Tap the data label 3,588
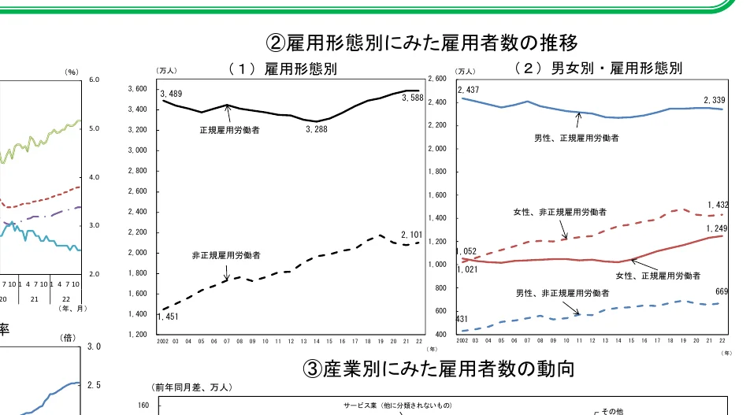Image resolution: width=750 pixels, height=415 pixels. [413, 98]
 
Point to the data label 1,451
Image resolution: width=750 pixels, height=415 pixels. [168, 317]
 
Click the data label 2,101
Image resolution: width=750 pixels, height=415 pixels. [412, 235]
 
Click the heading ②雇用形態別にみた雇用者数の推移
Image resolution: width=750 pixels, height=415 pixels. [427, 41]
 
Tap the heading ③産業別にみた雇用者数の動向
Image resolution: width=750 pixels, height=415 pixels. [439, 368]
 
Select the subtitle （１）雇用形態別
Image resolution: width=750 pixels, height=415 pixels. [282, 69]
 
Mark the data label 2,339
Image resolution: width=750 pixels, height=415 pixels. [715, 100]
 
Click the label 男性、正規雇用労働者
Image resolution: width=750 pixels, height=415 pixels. [576, 138]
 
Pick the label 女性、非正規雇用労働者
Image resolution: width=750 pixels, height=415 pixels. [559, 212]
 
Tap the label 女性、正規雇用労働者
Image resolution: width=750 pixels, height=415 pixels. [658, 275]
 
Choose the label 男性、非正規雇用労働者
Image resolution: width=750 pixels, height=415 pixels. [562, 293]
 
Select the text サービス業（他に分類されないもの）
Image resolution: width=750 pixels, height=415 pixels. [397, 405]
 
